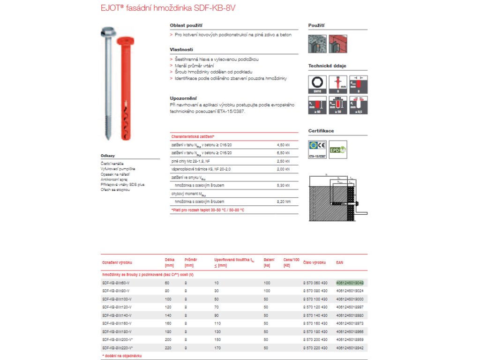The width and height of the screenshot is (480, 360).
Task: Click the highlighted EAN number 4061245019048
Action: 350,283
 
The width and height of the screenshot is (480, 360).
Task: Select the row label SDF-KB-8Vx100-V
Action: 117,299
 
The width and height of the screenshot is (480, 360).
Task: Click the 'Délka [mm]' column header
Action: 170,262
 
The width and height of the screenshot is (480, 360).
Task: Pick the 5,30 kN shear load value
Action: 284,185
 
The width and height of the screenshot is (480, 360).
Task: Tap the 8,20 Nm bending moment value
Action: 284,202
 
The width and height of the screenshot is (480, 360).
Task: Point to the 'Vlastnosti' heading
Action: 181,49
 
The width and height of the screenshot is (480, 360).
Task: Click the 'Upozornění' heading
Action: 183,98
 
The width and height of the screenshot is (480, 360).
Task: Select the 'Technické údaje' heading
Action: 327,66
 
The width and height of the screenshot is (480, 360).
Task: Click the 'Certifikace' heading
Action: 321,131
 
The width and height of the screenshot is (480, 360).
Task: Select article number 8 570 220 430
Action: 315,348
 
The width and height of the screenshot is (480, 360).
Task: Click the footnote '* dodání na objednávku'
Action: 121,356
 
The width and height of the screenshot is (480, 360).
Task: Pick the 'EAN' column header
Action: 340,262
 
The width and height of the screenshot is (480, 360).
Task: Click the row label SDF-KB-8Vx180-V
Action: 117,331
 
